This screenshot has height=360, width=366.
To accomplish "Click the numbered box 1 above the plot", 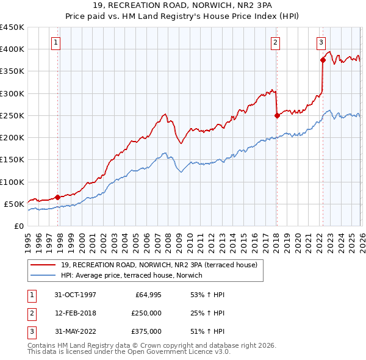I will tap(56, 42).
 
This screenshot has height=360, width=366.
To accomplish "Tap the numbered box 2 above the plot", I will tap(275, 42).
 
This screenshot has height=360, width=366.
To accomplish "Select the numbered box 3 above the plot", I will tap(321, 42).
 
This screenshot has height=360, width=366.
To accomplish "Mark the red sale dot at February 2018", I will tap(277, 115).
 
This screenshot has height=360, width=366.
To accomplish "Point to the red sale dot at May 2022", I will tap(323, 60).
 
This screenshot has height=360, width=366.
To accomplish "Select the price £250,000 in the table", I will tap(146, 313).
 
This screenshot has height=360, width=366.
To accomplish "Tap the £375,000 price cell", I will tap(146, 331).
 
